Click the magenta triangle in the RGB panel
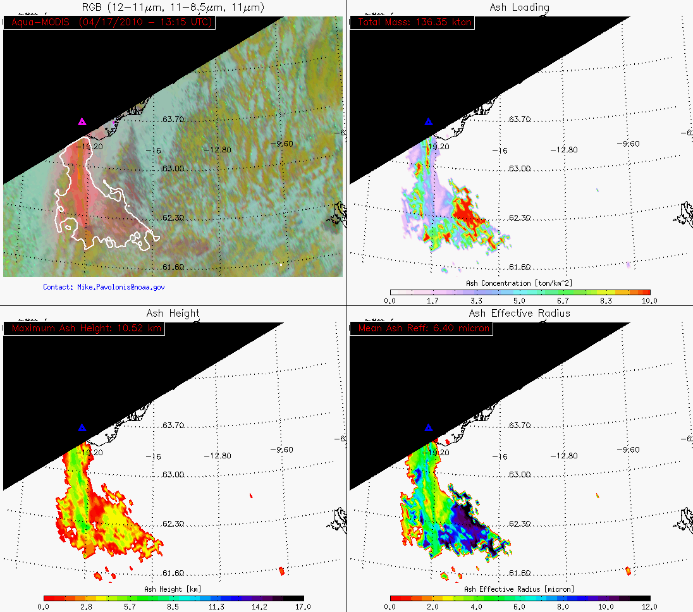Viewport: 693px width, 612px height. point(82,122)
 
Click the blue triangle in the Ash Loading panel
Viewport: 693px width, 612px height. point(428,122)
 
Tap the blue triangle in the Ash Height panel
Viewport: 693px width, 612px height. point(82,428)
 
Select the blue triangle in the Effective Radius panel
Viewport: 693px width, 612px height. point(428,428)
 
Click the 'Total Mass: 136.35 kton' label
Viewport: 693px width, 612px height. point(414,22)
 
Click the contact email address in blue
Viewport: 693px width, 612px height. point(104,287)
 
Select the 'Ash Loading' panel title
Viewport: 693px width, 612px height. point(519,7)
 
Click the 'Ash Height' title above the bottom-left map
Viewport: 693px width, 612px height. point(173,313)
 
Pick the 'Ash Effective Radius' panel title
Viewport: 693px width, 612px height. point(519,313)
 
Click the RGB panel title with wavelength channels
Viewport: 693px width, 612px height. point(173,7)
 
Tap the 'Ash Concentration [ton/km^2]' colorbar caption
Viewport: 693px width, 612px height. point(519,283)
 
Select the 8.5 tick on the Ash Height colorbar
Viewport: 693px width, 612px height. point(173,606)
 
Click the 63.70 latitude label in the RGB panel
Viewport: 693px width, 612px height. point(173,119)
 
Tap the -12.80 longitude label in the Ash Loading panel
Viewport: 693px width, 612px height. point(565,150)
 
